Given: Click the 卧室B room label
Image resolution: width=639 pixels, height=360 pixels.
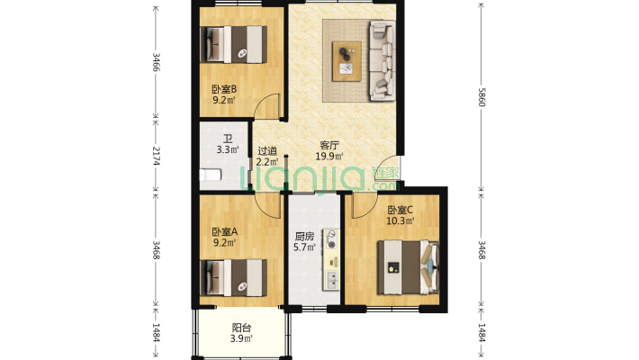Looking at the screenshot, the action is (224, 89).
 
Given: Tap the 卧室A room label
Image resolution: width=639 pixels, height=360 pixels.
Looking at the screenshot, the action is (224, 232).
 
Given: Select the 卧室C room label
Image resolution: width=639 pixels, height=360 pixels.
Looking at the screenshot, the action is (400, 210).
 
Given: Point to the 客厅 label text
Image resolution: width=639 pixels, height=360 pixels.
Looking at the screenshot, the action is (329, 145).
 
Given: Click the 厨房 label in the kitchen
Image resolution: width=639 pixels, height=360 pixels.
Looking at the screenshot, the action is (304, 237).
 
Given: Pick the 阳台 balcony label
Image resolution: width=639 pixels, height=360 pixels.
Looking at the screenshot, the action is (241, 328).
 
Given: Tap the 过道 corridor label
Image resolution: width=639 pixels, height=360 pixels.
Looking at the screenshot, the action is (267, 151).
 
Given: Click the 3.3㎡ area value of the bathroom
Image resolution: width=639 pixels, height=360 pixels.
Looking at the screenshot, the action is (228, 149).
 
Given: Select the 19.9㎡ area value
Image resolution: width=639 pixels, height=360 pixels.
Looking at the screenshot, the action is (329, 156).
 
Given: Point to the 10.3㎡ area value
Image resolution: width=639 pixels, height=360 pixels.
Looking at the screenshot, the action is (400, 221).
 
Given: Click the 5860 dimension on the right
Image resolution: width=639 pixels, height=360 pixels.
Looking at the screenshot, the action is (481, 97).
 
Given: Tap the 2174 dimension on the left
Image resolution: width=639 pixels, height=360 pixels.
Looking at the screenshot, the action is (156, 156).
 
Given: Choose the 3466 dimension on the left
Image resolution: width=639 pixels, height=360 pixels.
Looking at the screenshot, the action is (156, 62).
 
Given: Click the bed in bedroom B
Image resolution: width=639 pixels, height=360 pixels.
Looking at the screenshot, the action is (233, 44).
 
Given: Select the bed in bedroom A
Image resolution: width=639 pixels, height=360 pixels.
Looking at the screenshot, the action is (233, 277).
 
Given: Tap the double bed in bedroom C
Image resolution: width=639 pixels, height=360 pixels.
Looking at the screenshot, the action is (408, 267).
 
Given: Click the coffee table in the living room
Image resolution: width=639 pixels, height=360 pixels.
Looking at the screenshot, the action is (346, 61).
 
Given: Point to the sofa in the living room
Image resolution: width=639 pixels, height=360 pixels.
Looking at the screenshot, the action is (382, 60).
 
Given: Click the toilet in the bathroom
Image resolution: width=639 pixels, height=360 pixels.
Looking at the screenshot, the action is (211, 175).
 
